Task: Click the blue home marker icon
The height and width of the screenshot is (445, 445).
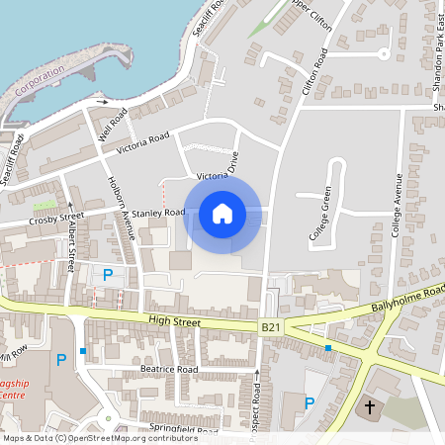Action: pos(222,213)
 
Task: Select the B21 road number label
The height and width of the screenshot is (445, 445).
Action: pos(272,326)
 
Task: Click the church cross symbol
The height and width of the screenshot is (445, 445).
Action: pos(371,406)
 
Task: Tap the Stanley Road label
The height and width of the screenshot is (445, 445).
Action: pos(159,213)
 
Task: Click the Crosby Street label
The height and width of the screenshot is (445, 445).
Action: pos(56,218)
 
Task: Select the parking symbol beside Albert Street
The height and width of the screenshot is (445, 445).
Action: pos(108,274)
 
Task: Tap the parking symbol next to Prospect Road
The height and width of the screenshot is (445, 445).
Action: pos(309,402)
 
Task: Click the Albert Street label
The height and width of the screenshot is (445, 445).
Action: pos(71,246)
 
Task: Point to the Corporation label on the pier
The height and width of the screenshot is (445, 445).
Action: pos(40,78)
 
